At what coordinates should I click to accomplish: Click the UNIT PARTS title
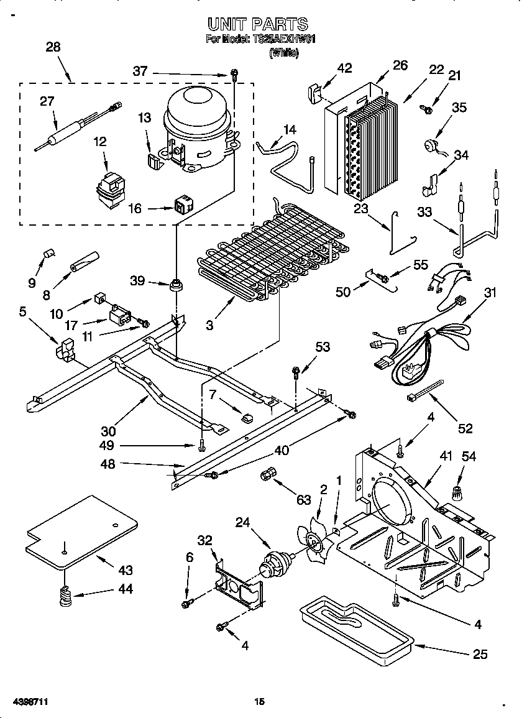pos(257,24)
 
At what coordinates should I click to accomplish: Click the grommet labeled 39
pos(177,285)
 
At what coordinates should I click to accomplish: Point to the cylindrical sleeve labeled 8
pos(85,261)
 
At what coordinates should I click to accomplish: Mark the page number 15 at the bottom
pos(260,701)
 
